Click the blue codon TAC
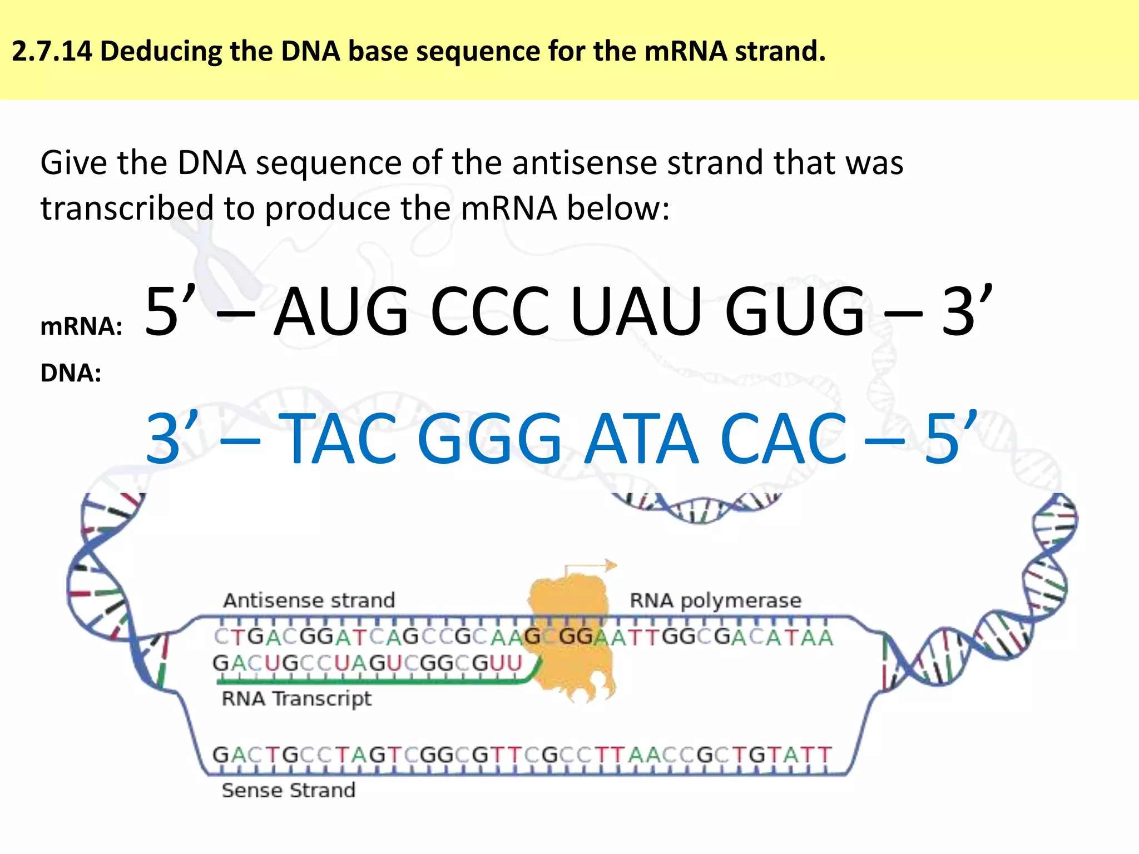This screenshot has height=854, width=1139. (x=340, y=439)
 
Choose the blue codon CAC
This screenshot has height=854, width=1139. (x=783, y=439)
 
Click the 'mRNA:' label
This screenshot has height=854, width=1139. (x=81, y=326)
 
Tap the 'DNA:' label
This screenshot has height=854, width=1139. (x=71, y=373)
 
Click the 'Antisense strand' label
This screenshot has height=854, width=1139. (x=309, y=600)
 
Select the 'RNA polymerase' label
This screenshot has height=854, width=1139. (x=715, y=600)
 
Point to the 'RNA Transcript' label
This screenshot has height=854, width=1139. (x=296, y=698)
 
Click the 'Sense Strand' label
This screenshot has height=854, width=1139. (x=288, y=790)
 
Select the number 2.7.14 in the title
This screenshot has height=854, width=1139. (x=52, y=51)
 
